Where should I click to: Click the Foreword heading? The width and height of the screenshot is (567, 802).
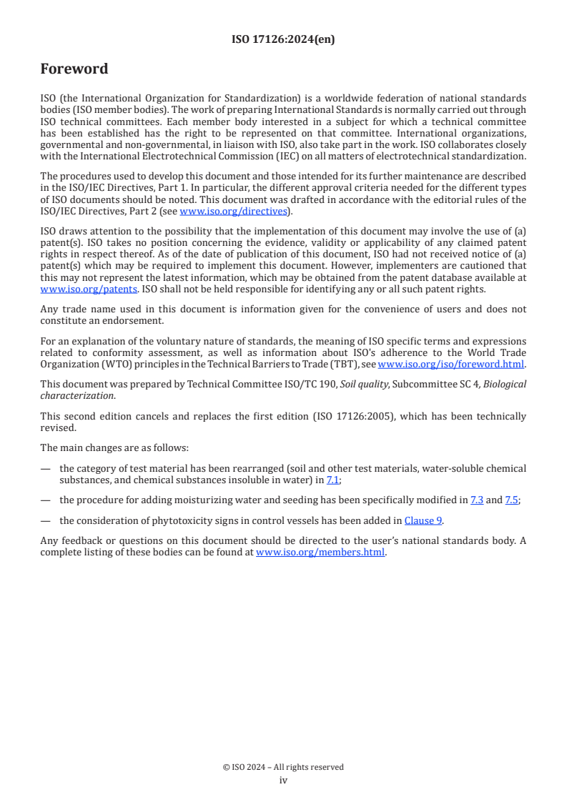pos(74,69)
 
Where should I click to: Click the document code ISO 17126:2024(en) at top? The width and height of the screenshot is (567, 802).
pos(283,40)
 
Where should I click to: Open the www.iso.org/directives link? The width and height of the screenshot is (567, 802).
pos(233,211)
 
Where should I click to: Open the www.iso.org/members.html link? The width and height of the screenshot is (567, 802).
pos(320,552)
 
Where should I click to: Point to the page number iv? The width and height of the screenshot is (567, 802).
pos(283,781)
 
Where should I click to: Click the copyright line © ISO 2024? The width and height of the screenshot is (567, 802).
pos(283,767)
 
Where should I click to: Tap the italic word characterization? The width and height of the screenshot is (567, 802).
pos(77,395)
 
